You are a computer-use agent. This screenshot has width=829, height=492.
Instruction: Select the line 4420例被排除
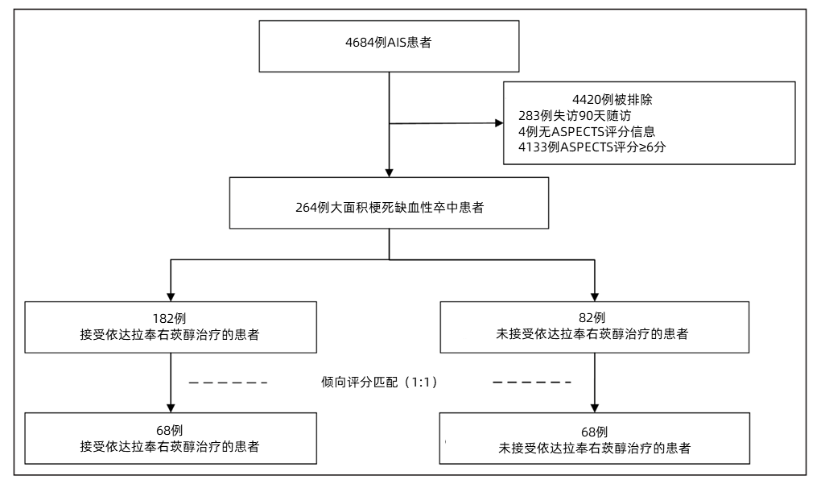tap(618, 101)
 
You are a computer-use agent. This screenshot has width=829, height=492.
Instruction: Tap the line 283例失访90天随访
tap(575, 115)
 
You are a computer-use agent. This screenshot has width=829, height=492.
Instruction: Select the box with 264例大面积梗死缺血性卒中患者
tap(389, 206)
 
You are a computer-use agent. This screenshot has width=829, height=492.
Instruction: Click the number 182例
tap(170, 317)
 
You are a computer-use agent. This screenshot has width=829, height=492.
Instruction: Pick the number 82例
tap(593, 317)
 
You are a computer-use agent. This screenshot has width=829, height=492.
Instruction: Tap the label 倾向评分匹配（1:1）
tap(379, 382)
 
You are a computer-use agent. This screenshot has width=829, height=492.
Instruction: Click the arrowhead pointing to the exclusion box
tap(497, 123)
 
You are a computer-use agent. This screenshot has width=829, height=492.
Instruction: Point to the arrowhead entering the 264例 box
tap(389, 172)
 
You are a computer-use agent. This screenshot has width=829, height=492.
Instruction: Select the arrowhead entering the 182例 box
tap(171, 295)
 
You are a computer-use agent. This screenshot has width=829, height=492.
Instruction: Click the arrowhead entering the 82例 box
tap(594, 295)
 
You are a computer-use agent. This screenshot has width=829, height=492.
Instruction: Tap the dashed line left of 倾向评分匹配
tap(227, 382)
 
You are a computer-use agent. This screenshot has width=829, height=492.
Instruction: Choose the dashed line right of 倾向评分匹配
tap(532, 382)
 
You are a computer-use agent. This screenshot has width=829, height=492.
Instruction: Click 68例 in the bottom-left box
tap(170, 430)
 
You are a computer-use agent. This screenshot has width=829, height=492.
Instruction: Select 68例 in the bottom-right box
tap(593, 432)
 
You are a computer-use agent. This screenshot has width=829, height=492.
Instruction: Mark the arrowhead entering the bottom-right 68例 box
tap(594, 407)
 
